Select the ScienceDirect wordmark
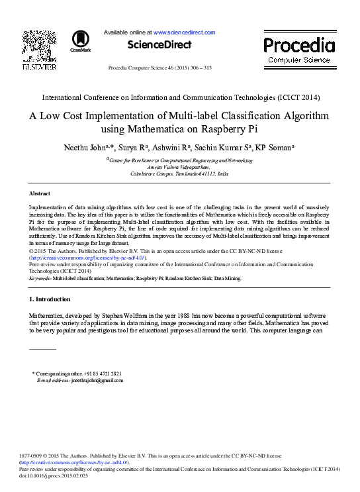point(159,45)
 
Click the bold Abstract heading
point(40,193)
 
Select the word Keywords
point(40,279)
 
